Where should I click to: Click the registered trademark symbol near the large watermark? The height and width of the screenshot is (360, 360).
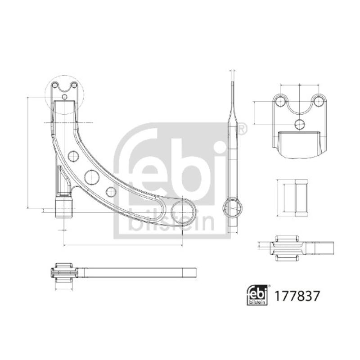(x=241, y=129)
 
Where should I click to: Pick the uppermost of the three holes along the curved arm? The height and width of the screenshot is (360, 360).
(x=73, y=157)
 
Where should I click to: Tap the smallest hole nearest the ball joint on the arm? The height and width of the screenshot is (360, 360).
(x=111, y=191)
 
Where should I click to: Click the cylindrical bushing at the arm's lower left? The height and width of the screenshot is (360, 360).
(x=63, y=207)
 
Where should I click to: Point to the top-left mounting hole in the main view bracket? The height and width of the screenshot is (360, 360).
(x=55, y=85)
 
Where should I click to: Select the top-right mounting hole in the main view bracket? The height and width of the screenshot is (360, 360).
(x=74, y=85)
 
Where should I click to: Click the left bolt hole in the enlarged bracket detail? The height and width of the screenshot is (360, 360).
(x=280, y=100)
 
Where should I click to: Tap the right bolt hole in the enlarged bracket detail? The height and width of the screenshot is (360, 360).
(x=318, y=100)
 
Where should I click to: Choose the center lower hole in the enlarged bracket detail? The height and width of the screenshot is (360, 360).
(x=299, y=124)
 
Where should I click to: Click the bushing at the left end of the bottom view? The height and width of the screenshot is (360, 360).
(x=63, y=273)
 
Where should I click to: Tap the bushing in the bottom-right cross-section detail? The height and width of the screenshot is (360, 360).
(x=287, y=248)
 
